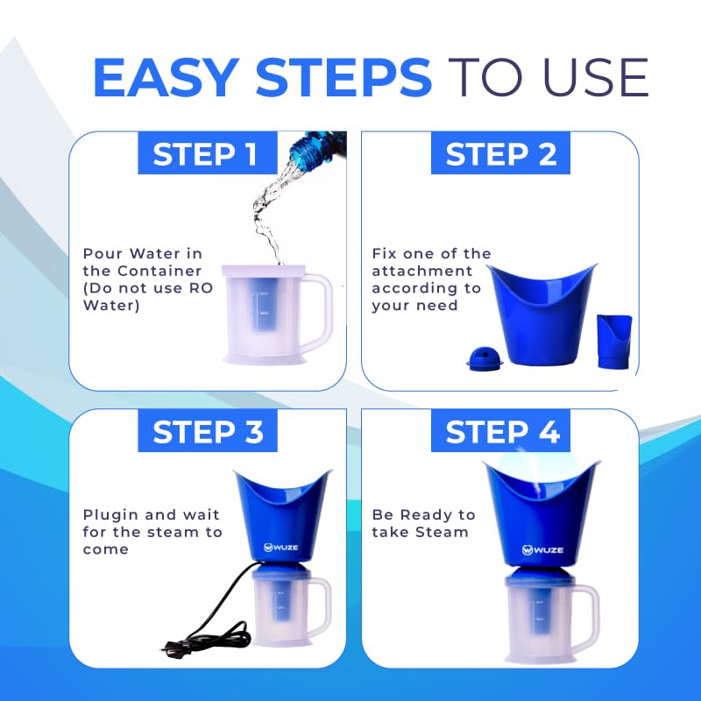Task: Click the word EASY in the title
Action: (166, 76)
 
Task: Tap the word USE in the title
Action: (596, 77)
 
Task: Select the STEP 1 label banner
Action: (208, 152)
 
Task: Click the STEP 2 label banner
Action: (500, 152)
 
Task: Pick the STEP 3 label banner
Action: (208, 430)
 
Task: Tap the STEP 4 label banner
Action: (500, 430)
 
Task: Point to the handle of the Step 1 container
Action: (320, 308)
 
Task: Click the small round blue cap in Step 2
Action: (485, 359)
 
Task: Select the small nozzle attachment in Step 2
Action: (614, 342)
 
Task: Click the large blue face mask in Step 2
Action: (542, 314)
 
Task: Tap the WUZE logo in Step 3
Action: (280, 547)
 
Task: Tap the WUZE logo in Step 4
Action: (542, 549)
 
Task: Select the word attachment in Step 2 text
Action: (421, 271)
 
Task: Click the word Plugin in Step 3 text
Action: (110, 515)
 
